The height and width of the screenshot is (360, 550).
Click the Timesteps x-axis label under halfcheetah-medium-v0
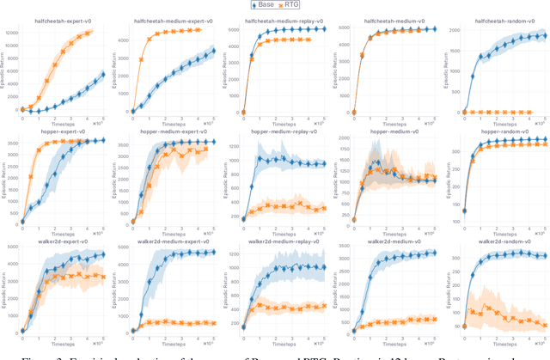(x=387, y=121)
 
